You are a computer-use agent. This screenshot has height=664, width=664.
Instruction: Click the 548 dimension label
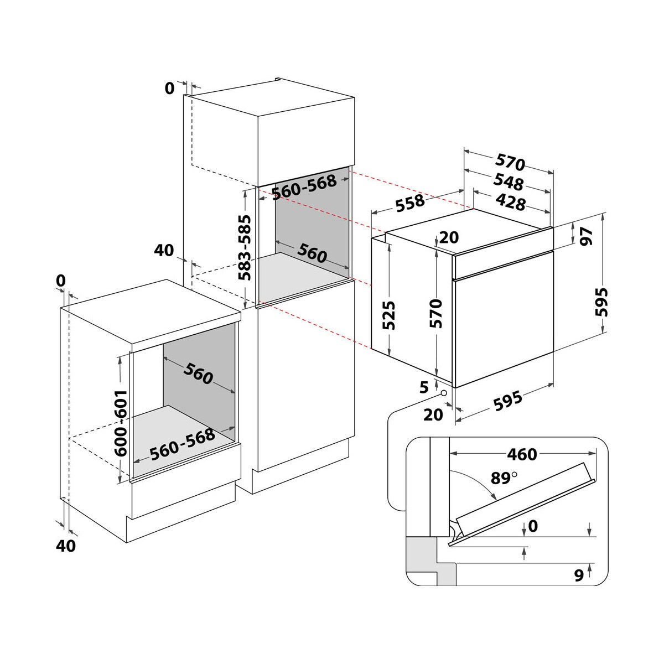pos(509,182)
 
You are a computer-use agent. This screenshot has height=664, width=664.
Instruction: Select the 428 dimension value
pos(511,203)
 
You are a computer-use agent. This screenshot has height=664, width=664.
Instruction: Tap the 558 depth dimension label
pos(410,203)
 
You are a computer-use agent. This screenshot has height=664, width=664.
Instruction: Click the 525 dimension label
pos(389,315)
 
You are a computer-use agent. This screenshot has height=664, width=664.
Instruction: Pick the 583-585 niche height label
pos(245,247)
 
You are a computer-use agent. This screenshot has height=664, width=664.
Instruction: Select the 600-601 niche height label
pos(121,423)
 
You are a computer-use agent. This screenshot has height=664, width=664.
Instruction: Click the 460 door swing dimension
pos(522,454)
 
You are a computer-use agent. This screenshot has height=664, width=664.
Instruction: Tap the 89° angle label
pos(504,478)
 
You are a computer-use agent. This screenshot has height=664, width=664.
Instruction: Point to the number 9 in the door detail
pos(579,575)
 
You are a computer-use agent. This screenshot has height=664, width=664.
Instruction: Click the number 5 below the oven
pos(424,388)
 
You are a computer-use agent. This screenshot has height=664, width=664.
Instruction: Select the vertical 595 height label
pos(601,302)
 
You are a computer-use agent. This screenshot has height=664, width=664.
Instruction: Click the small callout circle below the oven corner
pos(443,393)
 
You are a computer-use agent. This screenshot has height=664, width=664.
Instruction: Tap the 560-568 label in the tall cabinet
pos(304,187)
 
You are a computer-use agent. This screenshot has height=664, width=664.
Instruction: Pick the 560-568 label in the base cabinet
pos(183,444)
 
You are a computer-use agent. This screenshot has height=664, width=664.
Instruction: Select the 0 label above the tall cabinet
pos(169,89)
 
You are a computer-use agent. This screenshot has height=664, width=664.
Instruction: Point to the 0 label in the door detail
pos(533,526)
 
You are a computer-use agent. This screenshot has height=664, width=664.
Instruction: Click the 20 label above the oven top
pos(449,237)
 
